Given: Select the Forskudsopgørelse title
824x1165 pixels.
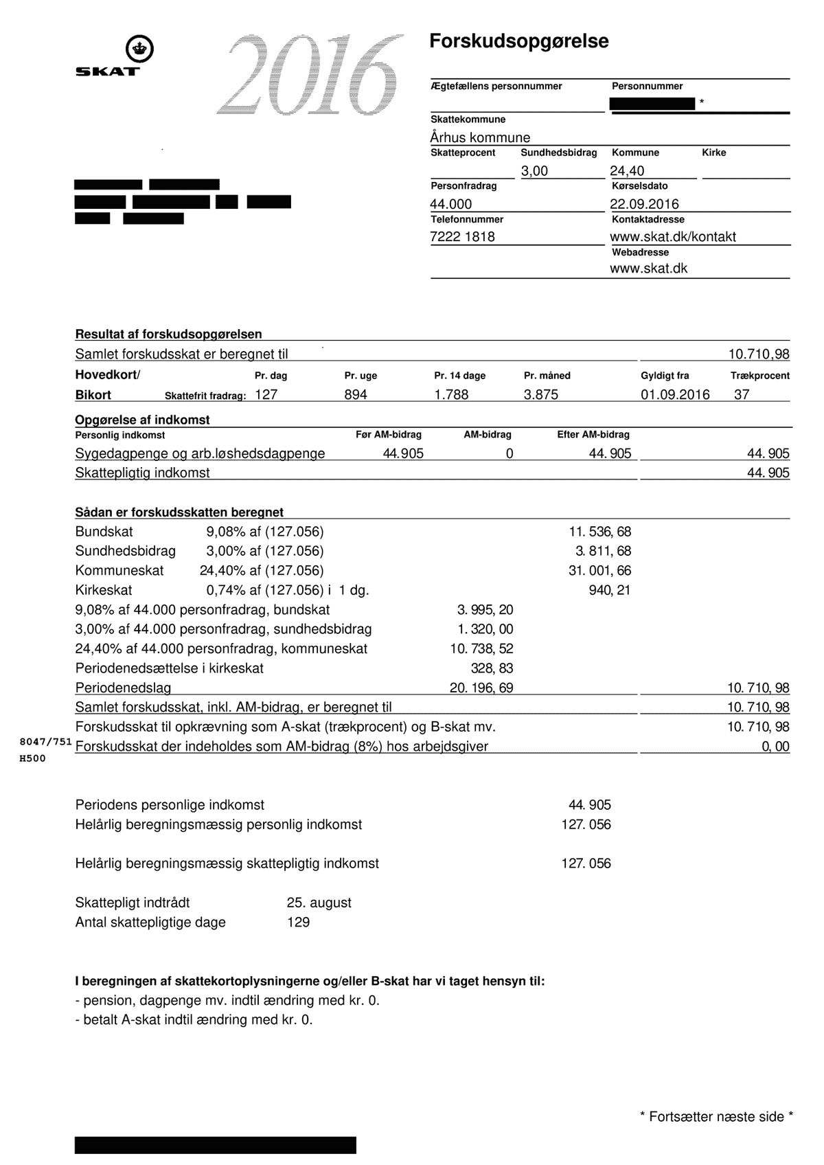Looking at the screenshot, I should tap(518, 41).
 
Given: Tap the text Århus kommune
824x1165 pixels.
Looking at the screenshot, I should tap(480, 137).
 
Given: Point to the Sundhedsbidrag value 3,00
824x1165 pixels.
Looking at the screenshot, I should tap(534, 171).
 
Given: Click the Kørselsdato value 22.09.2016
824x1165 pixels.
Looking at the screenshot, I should tap(644, 204).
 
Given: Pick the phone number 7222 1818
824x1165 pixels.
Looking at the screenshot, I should tap(462, 237).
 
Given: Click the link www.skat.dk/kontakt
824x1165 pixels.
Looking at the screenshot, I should tap(672, 237).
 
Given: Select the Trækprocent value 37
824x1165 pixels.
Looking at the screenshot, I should tap(742, 395).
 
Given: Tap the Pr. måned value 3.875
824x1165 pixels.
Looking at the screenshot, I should tap(540, 395).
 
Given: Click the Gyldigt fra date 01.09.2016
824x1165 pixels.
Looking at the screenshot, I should tap(675, 395).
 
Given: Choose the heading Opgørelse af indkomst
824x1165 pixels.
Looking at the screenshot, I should tap(142, 420).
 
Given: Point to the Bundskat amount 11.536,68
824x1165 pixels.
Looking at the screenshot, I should tap(599, 532).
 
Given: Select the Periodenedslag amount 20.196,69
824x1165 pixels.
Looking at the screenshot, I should tap(481, 688).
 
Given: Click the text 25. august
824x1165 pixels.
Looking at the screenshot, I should tap(319, 903).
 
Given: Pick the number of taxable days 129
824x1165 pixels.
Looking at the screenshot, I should tap(298, 922).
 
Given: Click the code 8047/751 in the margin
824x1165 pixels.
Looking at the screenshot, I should tap(45, 742).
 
